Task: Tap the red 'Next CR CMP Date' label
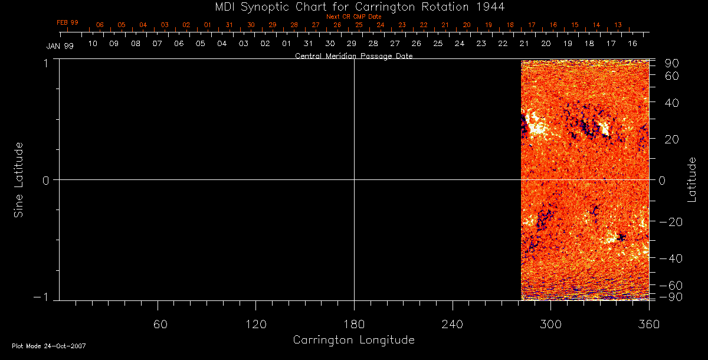pyautogui.click(x=354, y=17)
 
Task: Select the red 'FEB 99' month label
pyautogui.click(x=67, y=22)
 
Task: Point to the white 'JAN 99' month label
pyautogui.click(x=60, y=46)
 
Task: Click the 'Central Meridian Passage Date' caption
pyautogui.click(x=353, y=56)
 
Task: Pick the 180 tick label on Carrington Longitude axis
pyautogui.click(x=354, y=325)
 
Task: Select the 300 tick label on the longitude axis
pyautogui.click(x=550, y=325)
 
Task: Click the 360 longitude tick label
pyautogui.click(x=648, y=325)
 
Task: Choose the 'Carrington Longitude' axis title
pyautogui.click(x=353, y=340)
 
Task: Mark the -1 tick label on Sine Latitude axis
pyautogui.click(x=42, y=297)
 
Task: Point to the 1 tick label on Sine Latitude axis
pyautogui.click(x=45, y=63)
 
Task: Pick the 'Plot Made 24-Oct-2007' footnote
pyautogui.click(x=49, y=346)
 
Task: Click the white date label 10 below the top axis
pyautogui.click(x=93, y=44)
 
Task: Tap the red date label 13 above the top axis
pyautogui.click(x=618, y=25)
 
